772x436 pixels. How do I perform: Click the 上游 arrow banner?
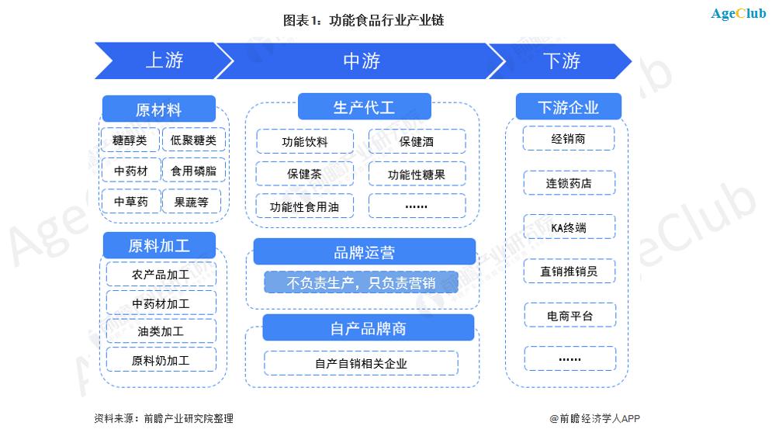click(164, 61)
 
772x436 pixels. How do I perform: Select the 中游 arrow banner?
click(362, 61)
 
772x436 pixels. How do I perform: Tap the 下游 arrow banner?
click(561, 61)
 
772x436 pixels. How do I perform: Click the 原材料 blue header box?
click(158, 109)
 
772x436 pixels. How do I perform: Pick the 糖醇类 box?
click(130, 140)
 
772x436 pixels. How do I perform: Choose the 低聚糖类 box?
click(194, 140)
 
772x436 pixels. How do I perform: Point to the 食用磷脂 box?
click(194, 171)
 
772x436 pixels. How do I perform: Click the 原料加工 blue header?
click(158, 246)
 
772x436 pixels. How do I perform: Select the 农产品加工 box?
click(161, 275)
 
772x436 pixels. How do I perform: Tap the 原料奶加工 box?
click(161, 360)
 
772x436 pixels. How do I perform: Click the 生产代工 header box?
click(364, 107)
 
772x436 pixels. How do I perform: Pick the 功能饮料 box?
click(305, 142)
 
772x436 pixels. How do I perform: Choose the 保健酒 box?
click(417, 142)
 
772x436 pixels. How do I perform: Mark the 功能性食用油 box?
click(305, 207)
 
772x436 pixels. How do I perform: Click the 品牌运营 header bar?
click(364, 252)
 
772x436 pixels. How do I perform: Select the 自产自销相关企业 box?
click(361, 363)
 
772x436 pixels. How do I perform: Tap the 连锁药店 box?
click(569, 184)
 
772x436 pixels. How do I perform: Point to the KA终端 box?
click(569, 227)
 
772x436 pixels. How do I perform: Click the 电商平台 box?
click(569, 316)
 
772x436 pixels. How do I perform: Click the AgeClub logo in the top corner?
click(738, 14)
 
